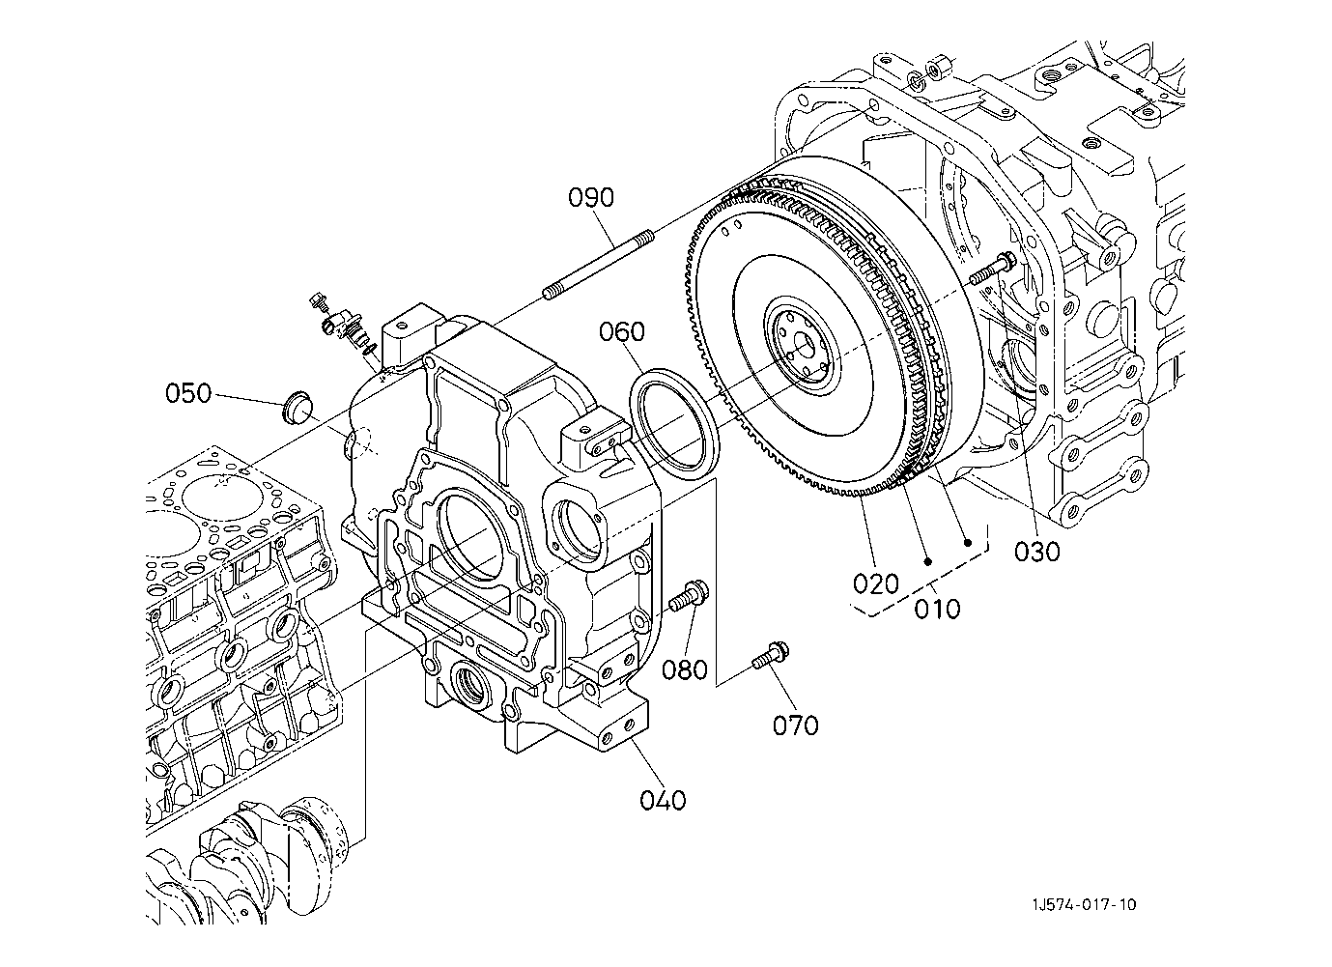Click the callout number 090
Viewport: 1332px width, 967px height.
(590, 197)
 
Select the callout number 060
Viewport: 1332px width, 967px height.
(621, 332)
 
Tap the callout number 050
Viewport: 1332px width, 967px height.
(188, 394)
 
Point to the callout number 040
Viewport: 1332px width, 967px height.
(663, 800)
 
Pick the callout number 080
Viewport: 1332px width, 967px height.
(685, 669)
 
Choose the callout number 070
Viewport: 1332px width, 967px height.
(796, 725)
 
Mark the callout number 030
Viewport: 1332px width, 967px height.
(1037, 552)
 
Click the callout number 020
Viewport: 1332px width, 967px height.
(876, 584)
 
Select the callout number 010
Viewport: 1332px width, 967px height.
(937, 609)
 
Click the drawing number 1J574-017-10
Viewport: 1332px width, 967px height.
(1084, 905)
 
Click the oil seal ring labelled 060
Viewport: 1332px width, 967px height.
(674, 423)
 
